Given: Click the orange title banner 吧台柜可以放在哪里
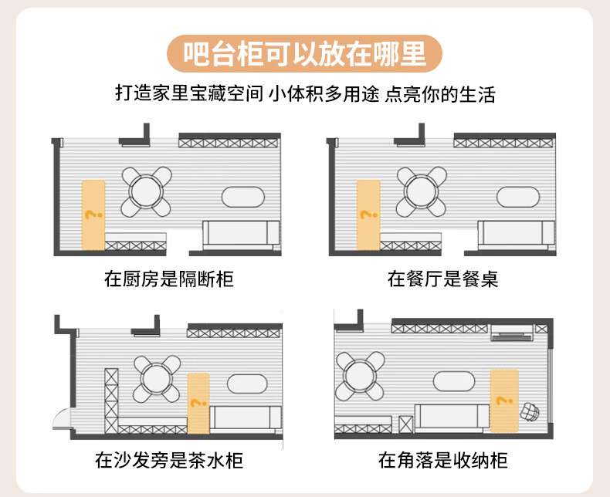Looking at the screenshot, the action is tap(304, 54).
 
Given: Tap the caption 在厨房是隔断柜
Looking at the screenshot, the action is tap(169, 279).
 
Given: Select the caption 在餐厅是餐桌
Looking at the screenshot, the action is tap(442, 279).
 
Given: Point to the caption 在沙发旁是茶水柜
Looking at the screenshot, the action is tap(169, 461).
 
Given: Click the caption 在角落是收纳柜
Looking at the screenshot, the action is tap(442, 461).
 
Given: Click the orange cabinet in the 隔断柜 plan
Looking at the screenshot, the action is tap(93, 215).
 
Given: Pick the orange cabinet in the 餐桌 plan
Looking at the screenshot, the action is tap(368, 215).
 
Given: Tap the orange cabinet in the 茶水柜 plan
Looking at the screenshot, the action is tap(198, 404).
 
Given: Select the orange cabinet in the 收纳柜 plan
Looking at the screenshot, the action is tap(504, 401).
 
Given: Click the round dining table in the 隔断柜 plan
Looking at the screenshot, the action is tap(146, 191).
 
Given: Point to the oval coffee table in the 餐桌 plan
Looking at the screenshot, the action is tap(518, 197).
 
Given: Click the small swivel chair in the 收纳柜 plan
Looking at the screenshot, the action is tap(530, 412).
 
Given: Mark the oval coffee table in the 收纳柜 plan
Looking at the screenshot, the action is tap(454, 381).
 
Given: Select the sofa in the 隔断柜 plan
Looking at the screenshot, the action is tap(242, 235).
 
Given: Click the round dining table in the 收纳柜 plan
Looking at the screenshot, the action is tap(361, 376).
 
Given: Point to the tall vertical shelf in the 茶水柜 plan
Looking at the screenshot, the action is tap(111, 401).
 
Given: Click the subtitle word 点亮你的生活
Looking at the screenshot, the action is tap(440, 94).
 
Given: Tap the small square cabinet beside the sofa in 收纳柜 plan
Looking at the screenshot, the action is tap(405, 424).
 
